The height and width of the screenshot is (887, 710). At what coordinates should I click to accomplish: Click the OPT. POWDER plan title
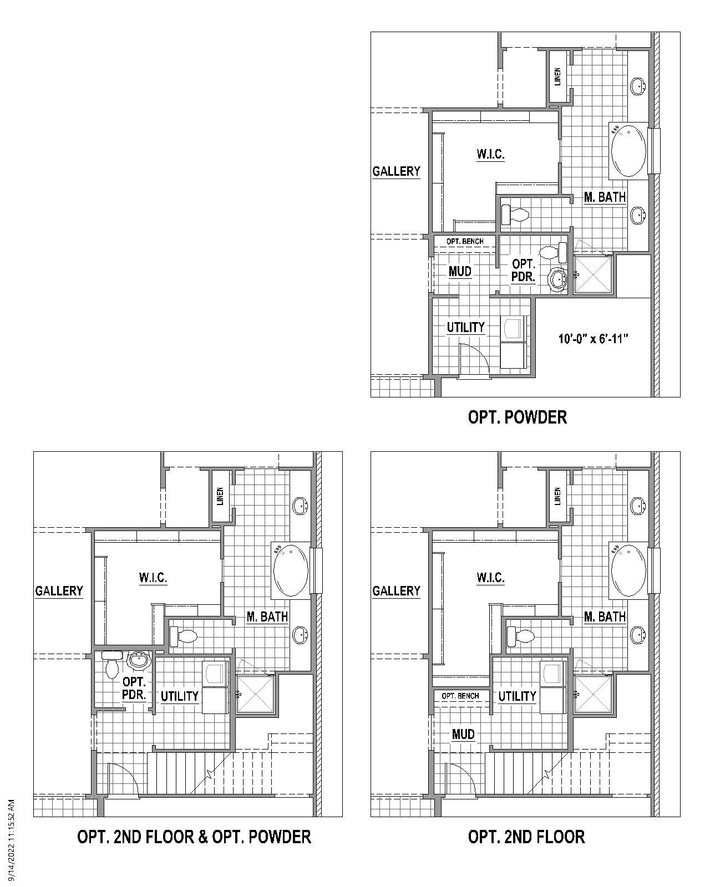[x=517, y=417]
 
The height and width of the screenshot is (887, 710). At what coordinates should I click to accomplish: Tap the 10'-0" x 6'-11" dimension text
[x=596, y=339]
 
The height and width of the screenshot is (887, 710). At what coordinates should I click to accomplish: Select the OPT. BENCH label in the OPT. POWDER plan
[x=464, y=241]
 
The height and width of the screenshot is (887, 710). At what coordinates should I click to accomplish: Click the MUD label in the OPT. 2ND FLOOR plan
[x=463, y=735]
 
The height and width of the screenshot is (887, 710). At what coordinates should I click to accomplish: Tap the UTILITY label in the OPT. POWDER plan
[x=466, y=327]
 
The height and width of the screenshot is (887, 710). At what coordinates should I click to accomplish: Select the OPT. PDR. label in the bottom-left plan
[x=134, y=688]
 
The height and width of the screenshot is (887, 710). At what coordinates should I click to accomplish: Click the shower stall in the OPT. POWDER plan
[x=593, y=274]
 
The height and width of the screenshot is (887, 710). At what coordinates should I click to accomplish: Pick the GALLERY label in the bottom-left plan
[x=59, y=591]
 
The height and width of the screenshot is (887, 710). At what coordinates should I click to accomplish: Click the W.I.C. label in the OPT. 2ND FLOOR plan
[x=490, y=578]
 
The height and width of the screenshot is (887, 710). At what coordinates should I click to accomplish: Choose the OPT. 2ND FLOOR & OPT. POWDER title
[x=194, y=837]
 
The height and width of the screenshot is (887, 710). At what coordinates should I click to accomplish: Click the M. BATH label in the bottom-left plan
[x=267, y=616]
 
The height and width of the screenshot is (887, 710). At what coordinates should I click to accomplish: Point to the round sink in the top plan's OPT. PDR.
[x=557, y=278]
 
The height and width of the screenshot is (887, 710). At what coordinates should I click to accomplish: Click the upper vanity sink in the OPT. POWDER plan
[x=638, y=86]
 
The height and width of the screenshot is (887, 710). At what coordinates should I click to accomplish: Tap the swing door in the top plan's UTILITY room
[x=475, y=360]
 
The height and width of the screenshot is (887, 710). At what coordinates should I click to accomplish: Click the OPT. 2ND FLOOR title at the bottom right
[x=526, y=837]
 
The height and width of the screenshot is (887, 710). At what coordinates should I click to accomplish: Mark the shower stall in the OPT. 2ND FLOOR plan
[x=593, y=694]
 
